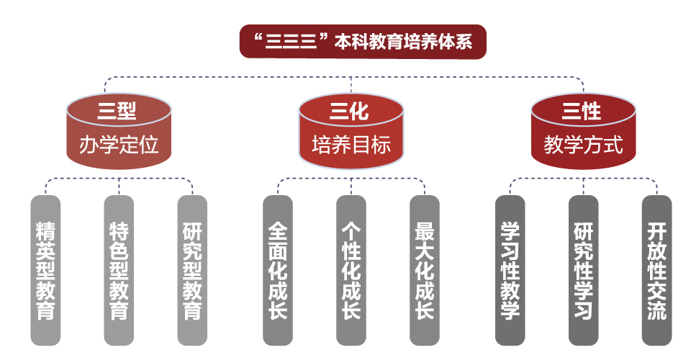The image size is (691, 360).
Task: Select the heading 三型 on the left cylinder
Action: [119, 111]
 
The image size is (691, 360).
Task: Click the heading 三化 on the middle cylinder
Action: [351, 111]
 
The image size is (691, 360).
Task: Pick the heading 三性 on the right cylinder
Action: [583, 111]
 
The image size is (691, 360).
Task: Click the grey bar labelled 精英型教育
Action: [45, 270]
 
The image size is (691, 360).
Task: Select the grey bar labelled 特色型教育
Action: [119, 270]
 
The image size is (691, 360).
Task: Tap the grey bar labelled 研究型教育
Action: [192, 270]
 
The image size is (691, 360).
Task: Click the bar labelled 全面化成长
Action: [278, 270]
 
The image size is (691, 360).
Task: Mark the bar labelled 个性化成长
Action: [351, 270]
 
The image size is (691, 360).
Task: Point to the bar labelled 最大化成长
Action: [425, 270]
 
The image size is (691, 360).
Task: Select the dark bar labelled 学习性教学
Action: [510, 270]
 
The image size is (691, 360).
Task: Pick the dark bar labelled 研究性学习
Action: [584, 270]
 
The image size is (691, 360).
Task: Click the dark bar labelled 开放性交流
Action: [657, 270]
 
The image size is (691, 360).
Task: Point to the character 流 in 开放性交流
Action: [657, 311]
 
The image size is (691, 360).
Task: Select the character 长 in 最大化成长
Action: [425, 311]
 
